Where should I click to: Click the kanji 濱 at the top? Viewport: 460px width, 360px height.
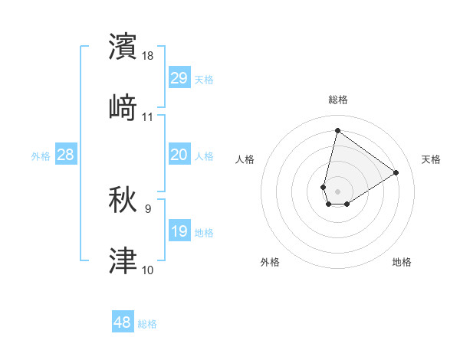[x=123, y=47]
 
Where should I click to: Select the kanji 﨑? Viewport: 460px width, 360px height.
[x=123, y=108]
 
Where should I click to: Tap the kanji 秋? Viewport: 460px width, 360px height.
[x=123, y=201]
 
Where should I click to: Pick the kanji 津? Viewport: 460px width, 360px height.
[x=123, y=261]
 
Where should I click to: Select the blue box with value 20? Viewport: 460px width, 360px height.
[x=179, y=155]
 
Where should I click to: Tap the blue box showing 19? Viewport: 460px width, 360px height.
[x=179, y=231]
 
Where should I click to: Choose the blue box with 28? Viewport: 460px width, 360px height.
[x=66, y=155]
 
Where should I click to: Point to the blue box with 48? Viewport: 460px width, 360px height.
[x=123, y=322]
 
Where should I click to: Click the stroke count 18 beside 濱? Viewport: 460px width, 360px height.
[x=149, y=56]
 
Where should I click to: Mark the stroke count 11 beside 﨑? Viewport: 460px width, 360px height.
[x=148, y=117]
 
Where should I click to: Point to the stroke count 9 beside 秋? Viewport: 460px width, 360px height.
[x=148, y=208]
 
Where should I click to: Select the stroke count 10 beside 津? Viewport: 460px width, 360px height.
[x=148, y=270]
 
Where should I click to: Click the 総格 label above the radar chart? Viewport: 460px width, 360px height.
[x=338, y=100]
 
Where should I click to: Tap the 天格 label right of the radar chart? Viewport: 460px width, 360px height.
[x=431, y=159]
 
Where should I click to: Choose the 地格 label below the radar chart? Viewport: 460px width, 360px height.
[x=402, y=262]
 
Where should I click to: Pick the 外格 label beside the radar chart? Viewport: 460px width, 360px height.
[x=270, y=262]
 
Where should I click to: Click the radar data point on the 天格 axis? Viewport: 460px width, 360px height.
[x=396, y=172]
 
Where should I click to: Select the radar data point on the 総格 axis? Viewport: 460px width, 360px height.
[x=337, y=130]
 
